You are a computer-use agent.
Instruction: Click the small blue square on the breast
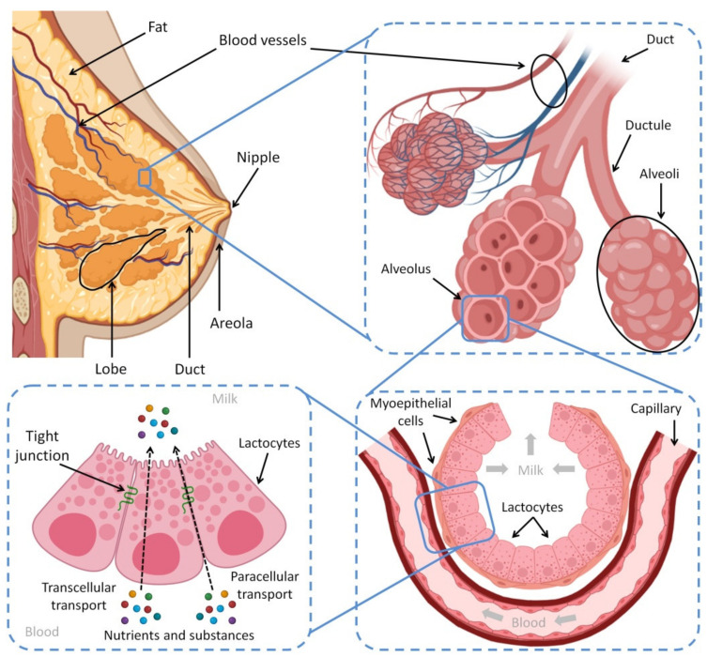click(x=144, y=177)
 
